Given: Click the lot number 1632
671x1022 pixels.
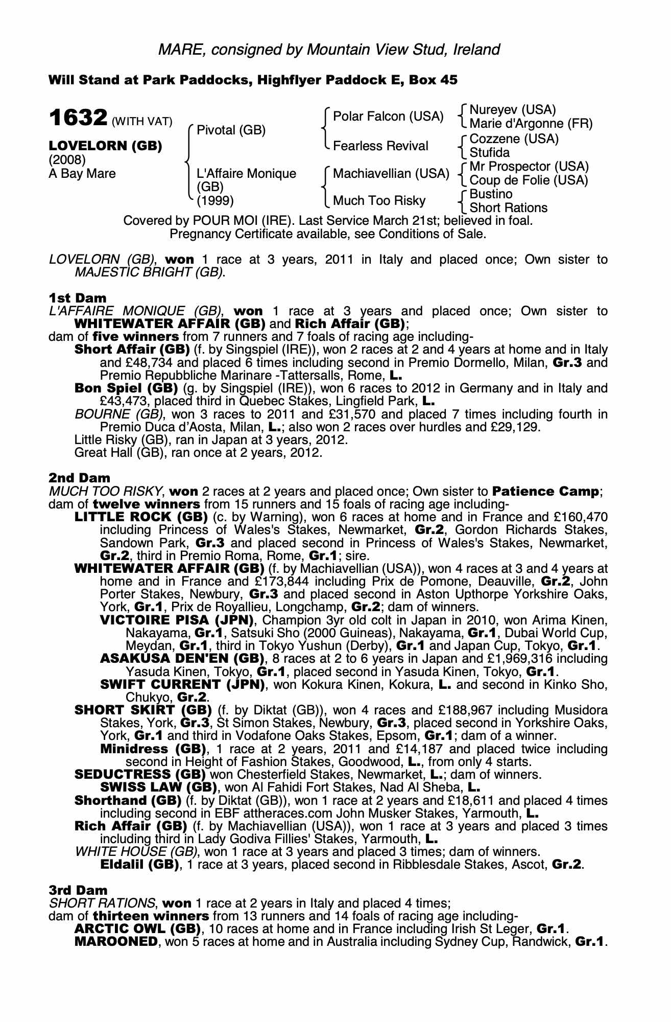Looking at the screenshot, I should pyautogui.click(x=78, y=118).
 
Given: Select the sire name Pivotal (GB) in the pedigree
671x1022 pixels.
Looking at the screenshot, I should pyautogui.click(x=231, y=130).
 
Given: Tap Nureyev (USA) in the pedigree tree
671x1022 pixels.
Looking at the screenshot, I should pyautogui.click(x=512, y=110).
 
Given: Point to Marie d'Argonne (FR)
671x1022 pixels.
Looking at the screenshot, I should pyautogui.click(x=531, y=124).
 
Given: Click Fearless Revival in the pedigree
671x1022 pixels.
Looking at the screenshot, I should pyautogui.click(x=380, y=146).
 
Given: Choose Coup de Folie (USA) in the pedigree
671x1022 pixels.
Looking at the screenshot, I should pyautogui.click(x=529, y=180).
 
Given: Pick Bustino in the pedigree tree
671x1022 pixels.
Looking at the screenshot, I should pyautogui.click(x=491, y=194).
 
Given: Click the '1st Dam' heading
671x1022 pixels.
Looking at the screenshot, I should pyautogui.click(x=78, y=298).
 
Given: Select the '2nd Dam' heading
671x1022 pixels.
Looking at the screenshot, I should pyautogui.click(x=79, y=478).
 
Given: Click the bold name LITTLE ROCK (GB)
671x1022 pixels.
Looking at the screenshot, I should pyautogui.click(x=141, y=517).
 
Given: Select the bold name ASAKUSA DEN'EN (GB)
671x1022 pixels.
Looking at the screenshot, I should pyautogui.click(x=182, y=659).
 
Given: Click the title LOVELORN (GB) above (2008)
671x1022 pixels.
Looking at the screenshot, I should pyautogui.click(x=105, y=146).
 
